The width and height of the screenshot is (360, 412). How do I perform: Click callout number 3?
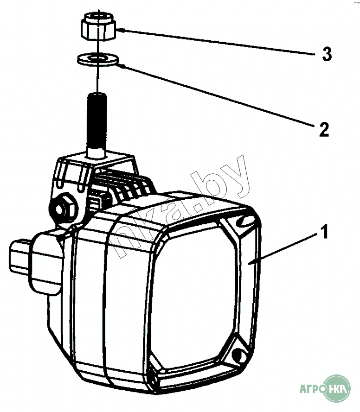[327, 55]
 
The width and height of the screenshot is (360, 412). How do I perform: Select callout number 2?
[323, 129]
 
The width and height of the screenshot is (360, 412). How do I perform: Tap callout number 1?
[325, 231]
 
